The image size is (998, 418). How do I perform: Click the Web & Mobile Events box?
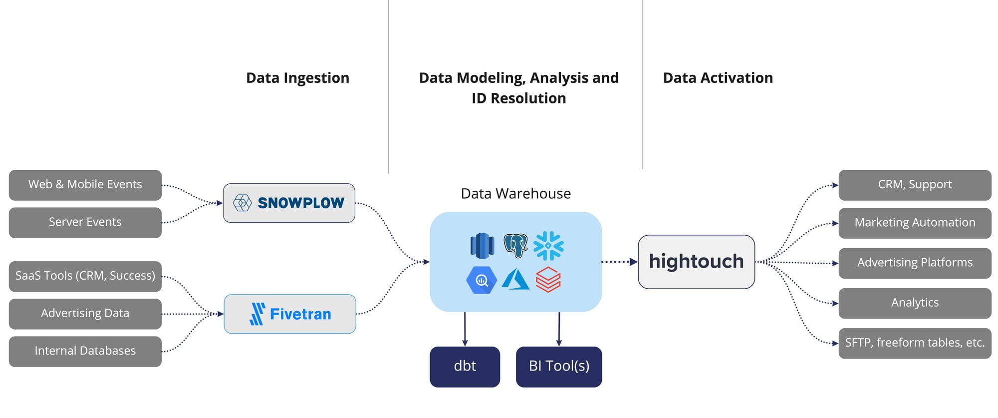pyautogui.click(x=85, y=185)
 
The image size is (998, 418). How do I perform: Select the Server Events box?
pyautogui.click(x=85, y=222)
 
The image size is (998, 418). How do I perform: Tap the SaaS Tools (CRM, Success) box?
pyautogui.click(x=85, y=276)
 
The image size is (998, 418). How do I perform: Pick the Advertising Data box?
pyautogui.click(x=85, y=314)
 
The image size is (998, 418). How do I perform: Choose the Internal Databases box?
pyautogui.click(x=85, y=351)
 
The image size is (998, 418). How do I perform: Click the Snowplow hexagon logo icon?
pyautogui.click(x=243, y=203)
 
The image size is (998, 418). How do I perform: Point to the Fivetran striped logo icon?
pyautogui.click(x=257, y=314)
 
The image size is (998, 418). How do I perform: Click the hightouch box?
pyautogui.click(x=696, y=262)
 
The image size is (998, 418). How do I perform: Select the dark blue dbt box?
pyautogui.click(x=465, y=367)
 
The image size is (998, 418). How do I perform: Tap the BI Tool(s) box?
pyautogui.click(x=559, y=367)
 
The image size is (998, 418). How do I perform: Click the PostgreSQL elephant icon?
pyautogui.click(x=515, y=246)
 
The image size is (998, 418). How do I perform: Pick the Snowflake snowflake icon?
pyautogui.click(x=548, y=246)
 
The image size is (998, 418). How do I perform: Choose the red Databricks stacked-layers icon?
pyautogui.click(x=548, y=280)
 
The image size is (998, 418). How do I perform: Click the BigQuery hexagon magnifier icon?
pyautogui.click(x=482, y=280)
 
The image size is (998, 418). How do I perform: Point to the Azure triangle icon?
pyautogui.click(x=515, y=280)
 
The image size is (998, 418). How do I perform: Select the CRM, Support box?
pyautogui.click(x=915, y=185)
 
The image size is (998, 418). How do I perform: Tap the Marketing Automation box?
pyautogui.click(x=915, y=223)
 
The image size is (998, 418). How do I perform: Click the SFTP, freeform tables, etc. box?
pyautogui.click(x=915, y=343)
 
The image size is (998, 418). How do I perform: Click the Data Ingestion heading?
pyautogui.click(x=298, y=78)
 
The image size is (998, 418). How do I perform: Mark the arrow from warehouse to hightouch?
pyautogui.click(x=620, y=262)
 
